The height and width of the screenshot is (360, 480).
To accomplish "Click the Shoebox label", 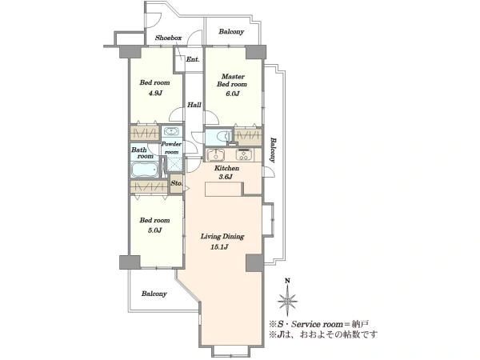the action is click(x=168, y=38).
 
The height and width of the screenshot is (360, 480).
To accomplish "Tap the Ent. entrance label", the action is click(x=193, y=59).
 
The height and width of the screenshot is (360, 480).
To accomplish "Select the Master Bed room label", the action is click(x=232, y=80).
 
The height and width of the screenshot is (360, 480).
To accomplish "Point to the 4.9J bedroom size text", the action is click(x=155, y=94).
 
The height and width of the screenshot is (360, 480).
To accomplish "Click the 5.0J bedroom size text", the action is click(x=155, y=230).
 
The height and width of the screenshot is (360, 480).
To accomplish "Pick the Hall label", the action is click(x=194, y=105).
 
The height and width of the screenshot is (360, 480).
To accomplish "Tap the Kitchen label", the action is click(x=226, y=168).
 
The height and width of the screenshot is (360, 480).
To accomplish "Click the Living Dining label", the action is click(x=222, y=236).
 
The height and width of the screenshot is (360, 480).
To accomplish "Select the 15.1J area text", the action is click(x=219, y=247).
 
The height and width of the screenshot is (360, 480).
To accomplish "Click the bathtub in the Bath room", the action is click(x=145, y=170).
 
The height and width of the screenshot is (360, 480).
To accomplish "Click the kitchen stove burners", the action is click(x=244, y=154).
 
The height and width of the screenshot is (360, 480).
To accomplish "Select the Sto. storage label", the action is click(x=176, y=183).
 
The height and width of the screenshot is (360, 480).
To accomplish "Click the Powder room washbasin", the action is click(x=171, y=131).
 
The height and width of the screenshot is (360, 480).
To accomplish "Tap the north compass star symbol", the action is click(x=287, y=301).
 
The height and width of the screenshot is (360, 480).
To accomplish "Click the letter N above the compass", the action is click(x=287, y=281).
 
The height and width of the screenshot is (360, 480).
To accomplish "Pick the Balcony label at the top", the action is click(x=231, y=31).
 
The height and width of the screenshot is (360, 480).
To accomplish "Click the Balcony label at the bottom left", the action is click(x=154, y=294).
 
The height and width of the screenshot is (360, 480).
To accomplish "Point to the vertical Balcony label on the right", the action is click(x=273, y=150).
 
